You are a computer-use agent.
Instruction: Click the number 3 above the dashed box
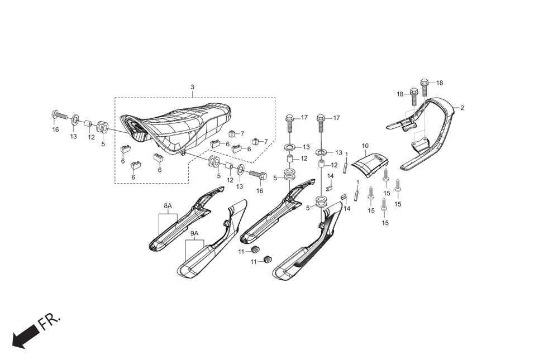pos(192,88)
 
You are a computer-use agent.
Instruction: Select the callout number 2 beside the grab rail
pos(462,107)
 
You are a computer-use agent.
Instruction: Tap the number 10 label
pos(365,146)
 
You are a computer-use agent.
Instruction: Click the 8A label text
pos(168,206)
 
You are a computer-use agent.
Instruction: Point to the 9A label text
pos(194,233)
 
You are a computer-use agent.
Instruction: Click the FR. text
pos(51,322)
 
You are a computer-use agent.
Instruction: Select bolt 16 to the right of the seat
pos(257,175)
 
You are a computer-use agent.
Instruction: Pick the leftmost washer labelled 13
pos(74,121)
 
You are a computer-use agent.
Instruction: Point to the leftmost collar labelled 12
pos(89,123)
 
